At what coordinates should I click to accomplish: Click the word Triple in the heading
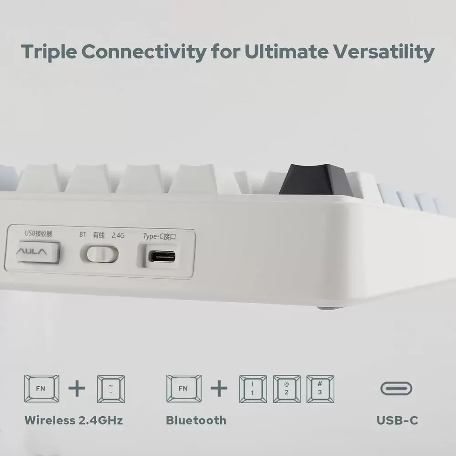click(49, 52)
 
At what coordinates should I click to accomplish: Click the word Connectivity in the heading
click(144, 52)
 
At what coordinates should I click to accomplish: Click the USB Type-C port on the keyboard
click(162, 256)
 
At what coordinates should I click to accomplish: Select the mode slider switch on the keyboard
click(99, 254)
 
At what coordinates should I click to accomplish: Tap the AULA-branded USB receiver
click(38, 252)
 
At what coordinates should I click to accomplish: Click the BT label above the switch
click(83, 234)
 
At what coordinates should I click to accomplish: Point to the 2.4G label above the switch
click(118, 235)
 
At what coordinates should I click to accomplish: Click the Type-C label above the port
click(159, 236)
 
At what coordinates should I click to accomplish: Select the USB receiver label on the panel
click(38, 233)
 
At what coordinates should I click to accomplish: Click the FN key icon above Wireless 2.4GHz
click(41, 389)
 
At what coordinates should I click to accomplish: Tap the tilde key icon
click(111, 389)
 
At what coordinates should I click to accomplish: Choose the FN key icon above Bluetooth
click(184, 389)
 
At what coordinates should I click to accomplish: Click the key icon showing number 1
click(253, 389)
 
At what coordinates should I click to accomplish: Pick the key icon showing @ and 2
click(286, 389)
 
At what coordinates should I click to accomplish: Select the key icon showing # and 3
click(320, 389)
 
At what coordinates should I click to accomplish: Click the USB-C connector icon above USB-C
click(396, 389)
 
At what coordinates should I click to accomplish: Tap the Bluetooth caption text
click(196, 420)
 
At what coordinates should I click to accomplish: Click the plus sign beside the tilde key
click(77, 389)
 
